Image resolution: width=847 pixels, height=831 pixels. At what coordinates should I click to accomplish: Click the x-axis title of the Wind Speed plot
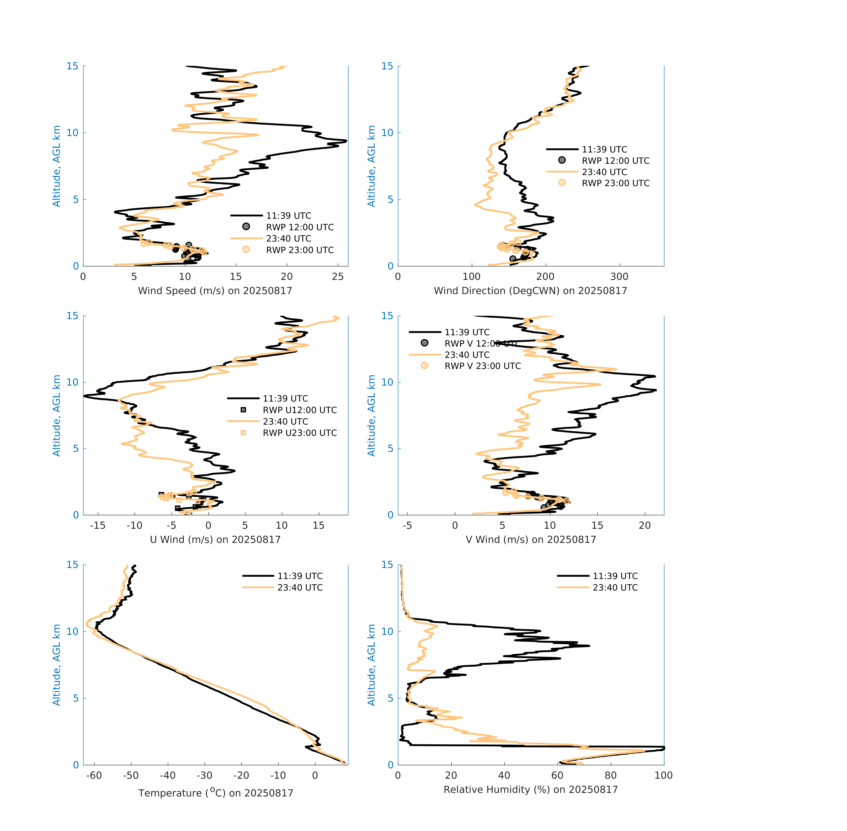215,291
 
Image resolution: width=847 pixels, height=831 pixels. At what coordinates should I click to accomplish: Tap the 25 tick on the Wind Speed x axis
337,277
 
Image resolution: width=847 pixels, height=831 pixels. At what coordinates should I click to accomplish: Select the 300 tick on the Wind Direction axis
619,277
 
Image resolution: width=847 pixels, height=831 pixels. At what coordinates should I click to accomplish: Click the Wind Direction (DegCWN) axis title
530,291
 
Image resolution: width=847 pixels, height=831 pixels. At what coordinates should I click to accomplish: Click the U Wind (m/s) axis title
215,539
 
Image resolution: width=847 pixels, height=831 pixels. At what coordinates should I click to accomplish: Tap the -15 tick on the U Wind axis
98,525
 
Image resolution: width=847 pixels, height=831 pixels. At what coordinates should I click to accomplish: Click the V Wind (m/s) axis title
530,539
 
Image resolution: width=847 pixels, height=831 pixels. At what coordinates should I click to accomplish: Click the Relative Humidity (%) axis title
530,790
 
